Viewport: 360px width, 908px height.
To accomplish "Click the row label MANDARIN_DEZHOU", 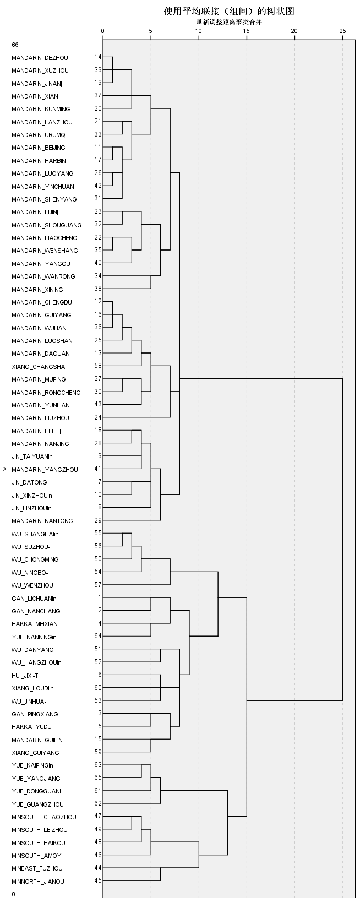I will point(40,58).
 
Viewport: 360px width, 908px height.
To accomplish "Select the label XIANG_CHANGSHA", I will point(39,367).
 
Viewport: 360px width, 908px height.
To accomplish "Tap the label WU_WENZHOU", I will point(32,585).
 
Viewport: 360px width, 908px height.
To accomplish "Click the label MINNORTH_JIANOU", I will point(38,882).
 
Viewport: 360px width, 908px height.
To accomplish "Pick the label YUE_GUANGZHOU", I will point(37,804).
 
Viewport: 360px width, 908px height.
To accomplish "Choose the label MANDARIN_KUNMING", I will point(41,109).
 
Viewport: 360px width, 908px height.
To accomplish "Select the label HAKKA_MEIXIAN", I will point(35,624).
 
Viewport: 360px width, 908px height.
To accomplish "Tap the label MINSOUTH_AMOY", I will point(36,856).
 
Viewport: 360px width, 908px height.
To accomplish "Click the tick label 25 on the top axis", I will point(342,31).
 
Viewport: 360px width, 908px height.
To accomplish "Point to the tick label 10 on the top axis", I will point(198,31).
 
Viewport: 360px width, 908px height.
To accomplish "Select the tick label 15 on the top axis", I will point(247,31).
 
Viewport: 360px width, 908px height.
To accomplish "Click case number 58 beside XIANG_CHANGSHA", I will point(98,366).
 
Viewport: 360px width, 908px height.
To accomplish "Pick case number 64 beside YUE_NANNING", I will point(98,636).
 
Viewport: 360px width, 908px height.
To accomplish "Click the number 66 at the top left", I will point(15,45).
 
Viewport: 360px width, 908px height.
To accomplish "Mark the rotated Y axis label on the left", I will point(5,469).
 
